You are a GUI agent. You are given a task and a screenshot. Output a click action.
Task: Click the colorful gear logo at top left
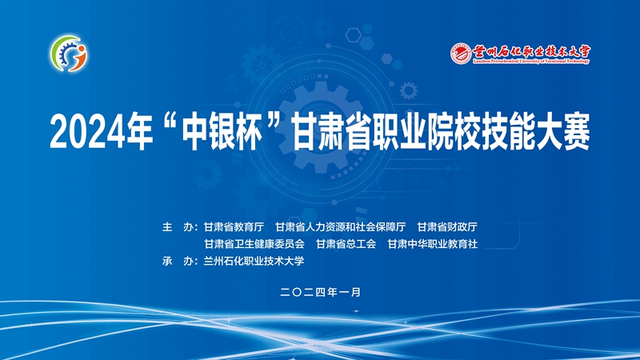(x=69, y=54)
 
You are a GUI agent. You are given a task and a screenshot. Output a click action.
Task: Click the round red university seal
(x=461, y=54)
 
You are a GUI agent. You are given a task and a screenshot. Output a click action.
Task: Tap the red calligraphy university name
(x=531, y=51)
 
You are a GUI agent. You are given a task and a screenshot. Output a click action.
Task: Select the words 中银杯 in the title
(x=222, y=132)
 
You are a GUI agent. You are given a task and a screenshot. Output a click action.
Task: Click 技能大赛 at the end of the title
(x=536, y=132)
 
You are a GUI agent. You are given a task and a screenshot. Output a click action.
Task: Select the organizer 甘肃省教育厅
(x=234, y=227)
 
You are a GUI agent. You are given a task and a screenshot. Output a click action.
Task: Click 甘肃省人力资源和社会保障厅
(x=341, y=227)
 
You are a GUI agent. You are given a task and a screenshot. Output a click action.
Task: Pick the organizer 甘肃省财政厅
(x=447, y=227)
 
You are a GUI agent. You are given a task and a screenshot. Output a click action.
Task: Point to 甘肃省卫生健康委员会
(x=254, y=244)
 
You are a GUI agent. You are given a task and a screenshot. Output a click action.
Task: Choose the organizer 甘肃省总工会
(x=346, y=244)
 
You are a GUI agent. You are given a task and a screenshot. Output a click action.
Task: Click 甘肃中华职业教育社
(x=432, y=244)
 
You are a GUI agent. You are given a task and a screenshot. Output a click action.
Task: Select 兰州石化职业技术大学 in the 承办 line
(x=254, y=262)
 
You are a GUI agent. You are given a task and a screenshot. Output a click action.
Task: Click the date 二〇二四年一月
(x=321, y=292)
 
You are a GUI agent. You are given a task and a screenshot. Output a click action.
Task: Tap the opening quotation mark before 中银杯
(x=170, y=122)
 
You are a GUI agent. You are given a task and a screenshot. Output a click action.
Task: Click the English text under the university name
(x=531, y=62)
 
